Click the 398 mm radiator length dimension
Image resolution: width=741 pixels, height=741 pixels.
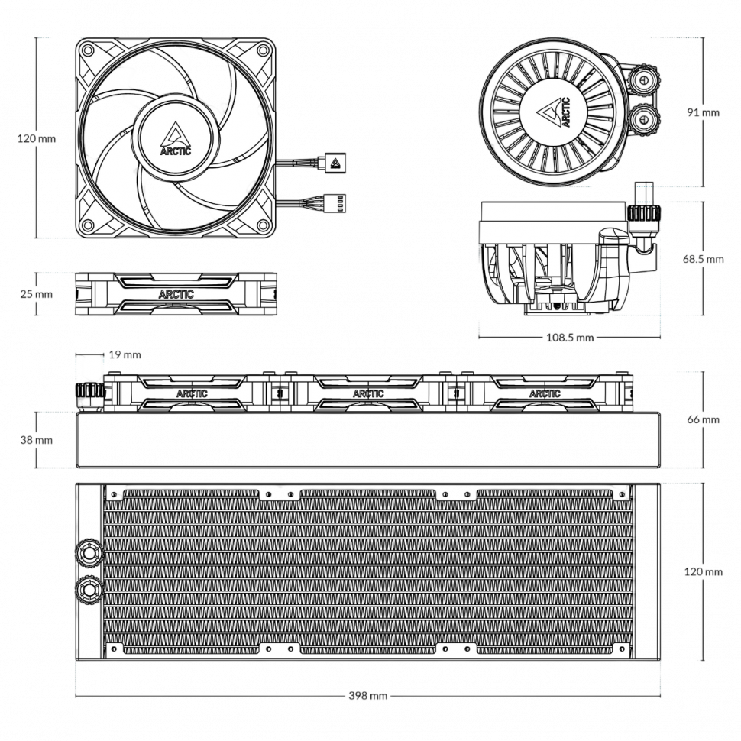[x=368, y=696]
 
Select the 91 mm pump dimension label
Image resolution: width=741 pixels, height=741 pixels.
[x=703, y=112]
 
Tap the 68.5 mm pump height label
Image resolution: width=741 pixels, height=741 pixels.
[x=703, y=259]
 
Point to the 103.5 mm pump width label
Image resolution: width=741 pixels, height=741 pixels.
[x=569, y=338]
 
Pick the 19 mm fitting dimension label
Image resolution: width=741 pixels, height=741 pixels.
[x=125, y=354]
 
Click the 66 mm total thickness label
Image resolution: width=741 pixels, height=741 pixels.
[x=703, y=419]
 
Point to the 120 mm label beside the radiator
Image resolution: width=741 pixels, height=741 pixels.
[x=703, y=571]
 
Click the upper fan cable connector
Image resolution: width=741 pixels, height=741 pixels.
[x=334, y=162]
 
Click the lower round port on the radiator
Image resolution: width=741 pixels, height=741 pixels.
[x=89, y=588]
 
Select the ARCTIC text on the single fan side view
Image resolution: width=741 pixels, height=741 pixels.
[x=176, y=294]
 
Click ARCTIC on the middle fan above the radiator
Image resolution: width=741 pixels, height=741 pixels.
[x=368, y=394]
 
